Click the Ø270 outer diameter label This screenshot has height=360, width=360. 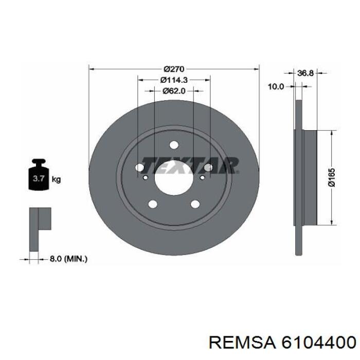click(x=174, y=69)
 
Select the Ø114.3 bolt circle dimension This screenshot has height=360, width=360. click(x=173, y=80)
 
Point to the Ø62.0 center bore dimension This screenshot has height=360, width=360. click(x=174, y=91)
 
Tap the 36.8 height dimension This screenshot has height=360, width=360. click(x=305, y=73)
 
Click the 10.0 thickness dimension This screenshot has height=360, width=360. click(x=276, y=86)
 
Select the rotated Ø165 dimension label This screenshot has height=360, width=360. click(x=332, y=178)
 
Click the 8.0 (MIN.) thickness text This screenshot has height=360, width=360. click(x=68, y=259)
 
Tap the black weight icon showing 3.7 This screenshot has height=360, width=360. click(x=39, y=177)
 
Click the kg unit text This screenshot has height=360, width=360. click(x=56, y=179)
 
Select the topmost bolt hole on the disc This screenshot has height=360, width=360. click(x=174, y=145)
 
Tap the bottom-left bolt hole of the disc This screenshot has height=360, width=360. click(x=153, y=204)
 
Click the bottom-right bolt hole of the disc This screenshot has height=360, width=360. click(x=195, y=204)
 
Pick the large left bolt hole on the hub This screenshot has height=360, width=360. click(x=139, y=168)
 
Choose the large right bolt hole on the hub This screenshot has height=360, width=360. click(x=208, y=168)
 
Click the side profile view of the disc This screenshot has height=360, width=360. click(x=303, y=177)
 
